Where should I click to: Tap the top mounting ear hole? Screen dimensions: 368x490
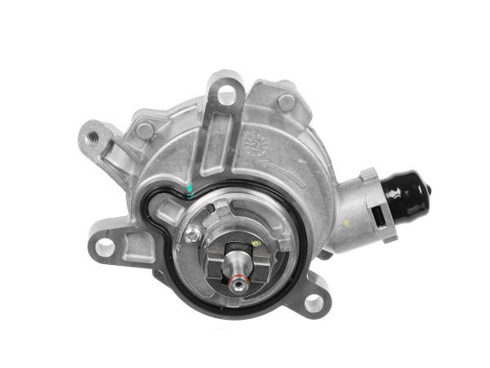(x=226, y=95)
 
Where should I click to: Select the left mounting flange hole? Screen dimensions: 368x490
(x=105, y=245)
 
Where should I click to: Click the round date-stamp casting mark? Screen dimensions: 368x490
(x=257, y=142)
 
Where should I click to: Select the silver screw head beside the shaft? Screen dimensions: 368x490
(x=193, y=236)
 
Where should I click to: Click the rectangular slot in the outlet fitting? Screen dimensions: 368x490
(x=376, y=216)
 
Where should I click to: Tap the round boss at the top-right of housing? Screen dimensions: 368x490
(x=287, y=101)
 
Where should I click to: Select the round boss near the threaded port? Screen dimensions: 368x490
(x=145, y=130)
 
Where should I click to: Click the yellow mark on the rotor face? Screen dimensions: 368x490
(x=256, y=243)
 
